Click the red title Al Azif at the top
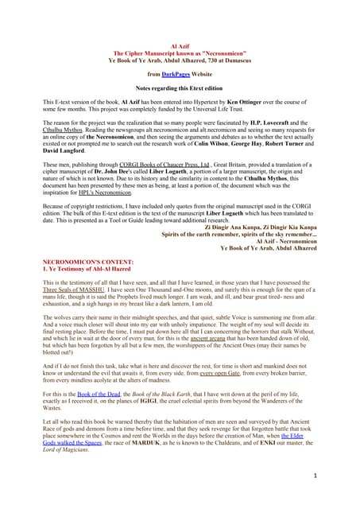(x=180, y=47)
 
